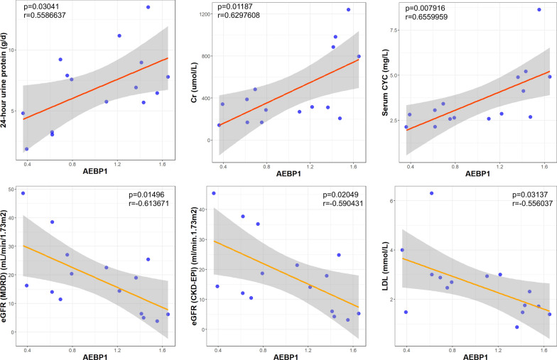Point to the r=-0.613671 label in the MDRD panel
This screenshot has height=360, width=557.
[144, 203]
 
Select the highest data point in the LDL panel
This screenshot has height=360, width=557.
[431, 193]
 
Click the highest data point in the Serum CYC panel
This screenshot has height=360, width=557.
[539, 10]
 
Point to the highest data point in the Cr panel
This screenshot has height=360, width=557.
[349, 10]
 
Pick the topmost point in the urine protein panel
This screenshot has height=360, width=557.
[148, 7]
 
